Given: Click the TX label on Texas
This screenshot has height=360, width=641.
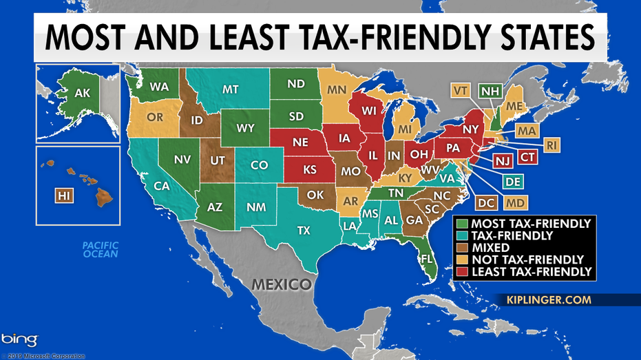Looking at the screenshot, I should [304, 231].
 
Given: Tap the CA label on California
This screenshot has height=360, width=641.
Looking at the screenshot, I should [162, 186].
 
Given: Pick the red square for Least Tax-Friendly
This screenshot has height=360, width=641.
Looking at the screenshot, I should [461, 272].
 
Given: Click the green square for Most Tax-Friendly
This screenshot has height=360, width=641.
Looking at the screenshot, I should [461, 223].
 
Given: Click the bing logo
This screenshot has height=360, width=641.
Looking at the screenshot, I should [19, 339].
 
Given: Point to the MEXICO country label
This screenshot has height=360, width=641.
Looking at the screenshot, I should [281, 284].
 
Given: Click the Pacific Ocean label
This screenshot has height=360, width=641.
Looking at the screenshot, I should [101, 248].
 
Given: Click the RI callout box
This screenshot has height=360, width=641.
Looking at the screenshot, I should [552, 145].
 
